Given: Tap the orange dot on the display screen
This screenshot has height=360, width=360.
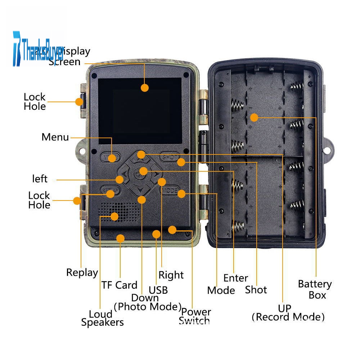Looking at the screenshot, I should [145, 87].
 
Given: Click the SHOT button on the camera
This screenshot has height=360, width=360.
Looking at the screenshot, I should [169, 157].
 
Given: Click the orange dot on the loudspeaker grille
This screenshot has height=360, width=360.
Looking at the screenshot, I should [114, 216].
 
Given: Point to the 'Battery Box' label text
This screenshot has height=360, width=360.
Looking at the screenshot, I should [315, 289].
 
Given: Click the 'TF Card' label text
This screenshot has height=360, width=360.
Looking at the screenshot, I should [119, 285].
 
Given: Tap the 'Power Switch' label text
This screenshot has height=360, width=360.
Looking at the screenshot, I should [195, 316].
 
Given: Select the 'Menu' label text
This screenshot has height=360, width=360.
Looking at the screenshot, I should [55, 137].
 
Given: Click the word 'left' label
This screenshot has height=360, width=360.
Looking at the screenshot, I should [40, 179].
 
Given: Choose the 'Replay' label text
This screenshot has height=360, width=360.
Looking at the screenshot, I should [82, 273].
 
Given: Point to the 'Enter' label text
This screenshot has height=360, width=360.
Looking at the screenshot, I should [236, 278].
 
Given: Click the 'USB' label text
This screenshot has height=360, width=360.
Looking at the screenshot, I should [158, 290].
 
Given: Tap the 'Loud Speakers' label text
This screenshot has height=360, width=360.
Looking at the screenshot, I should [102, 318].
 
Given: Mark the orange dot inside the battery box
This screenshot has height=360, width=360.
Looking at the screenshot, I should [254, 117].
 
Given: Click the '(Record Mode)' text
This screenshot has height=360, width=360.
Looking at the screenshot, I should [288, 317].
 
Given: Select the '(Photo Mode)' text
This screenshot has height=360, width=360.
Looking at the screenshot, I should [147, 306].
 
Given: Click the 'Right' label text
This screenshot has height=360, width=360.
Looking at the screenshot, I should [171, 275].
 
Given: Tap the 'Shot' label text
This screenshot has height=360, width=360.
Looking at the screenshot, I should [256, 290].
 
